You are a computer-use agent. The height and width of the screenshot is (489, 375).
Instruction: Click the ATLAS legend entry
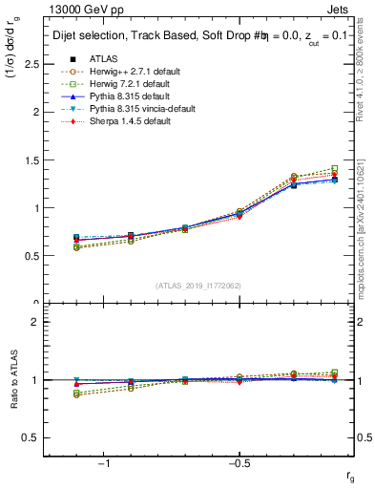pyautogui.click(x=104, y=58)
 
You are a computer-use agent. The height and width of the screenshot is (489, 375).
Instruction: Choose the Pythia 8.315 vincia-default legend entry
pyautogui.click(x=140, y=110)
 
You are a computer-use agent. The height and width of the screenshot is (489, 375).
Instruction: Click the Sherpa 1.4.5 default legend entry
pyautogui.click(x=127, y=122)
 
